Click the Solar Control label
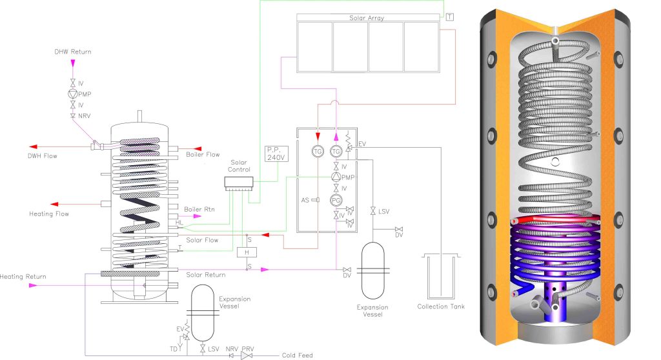[239, 166]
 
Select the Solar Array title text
[366, 18]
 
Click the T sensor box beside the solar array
[449, 16]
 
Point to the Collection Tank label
[440, 306]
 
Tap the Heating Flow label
[49, 214]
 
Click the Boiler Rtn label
[197, 209]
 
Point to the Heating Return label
[23, 277]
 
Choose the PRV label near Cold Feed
[248, 349]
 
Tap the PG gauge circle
[336, 200]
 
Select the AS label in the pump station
[305, 200]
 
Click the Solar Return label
[206, 275]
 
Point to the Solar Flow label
[201, 240]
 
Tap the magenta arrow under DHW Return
[73, 63]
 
